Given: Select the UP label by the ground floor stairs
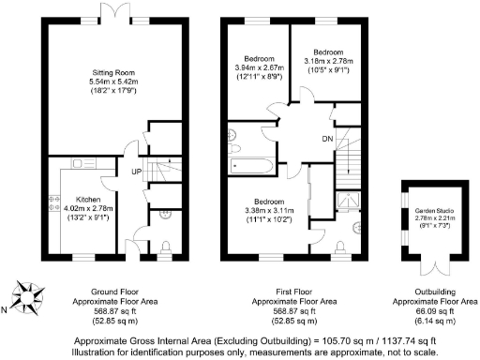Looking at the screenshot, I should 137,172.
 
